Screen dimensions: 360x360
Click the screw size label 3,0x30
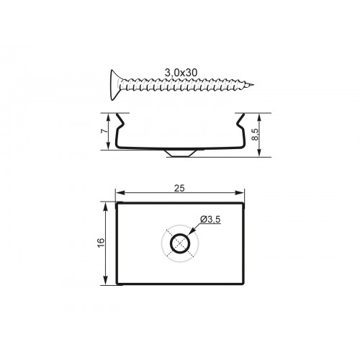[181, 73]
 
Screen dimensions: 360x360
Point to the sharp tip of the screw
[253, 85]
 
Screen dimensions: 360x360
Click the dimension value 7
[104, 131]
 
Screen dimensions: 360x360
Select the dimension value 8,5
[256, 135]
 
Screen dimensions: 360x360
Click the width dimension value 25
[179, 189]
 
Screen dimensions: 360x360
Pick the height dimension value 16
[102, 243]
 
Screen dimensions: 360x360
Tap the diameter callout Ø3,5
[210, 219]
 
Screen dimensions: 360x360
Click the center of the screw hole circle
[180, 243]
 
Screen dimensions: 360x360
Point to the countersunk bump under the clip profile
[179, 153]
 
